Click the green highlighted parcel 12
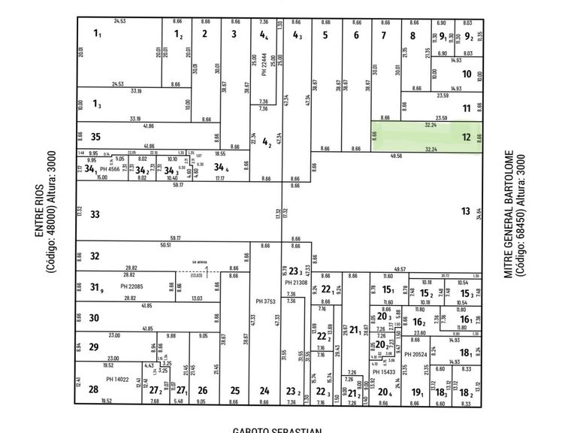pos(424,137)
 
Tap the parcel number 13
pos(466,211)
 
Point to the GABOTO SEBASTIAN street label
pos(277,430)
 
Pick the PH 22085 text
pos(134,286)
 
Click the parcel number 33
pos(95,215)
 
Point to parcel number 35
pos(95,137)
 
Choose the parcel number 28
pos(93,389)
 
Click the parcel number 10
pos(467,74)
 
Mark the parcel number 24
pos(264,390)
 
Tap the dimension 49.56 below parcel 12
pos(397,156)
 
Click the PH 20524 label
pos(415,354)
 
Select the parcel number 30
pos(94,318)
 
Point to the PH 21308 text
pos(295,281)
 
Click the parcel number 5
pos(325,34)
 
